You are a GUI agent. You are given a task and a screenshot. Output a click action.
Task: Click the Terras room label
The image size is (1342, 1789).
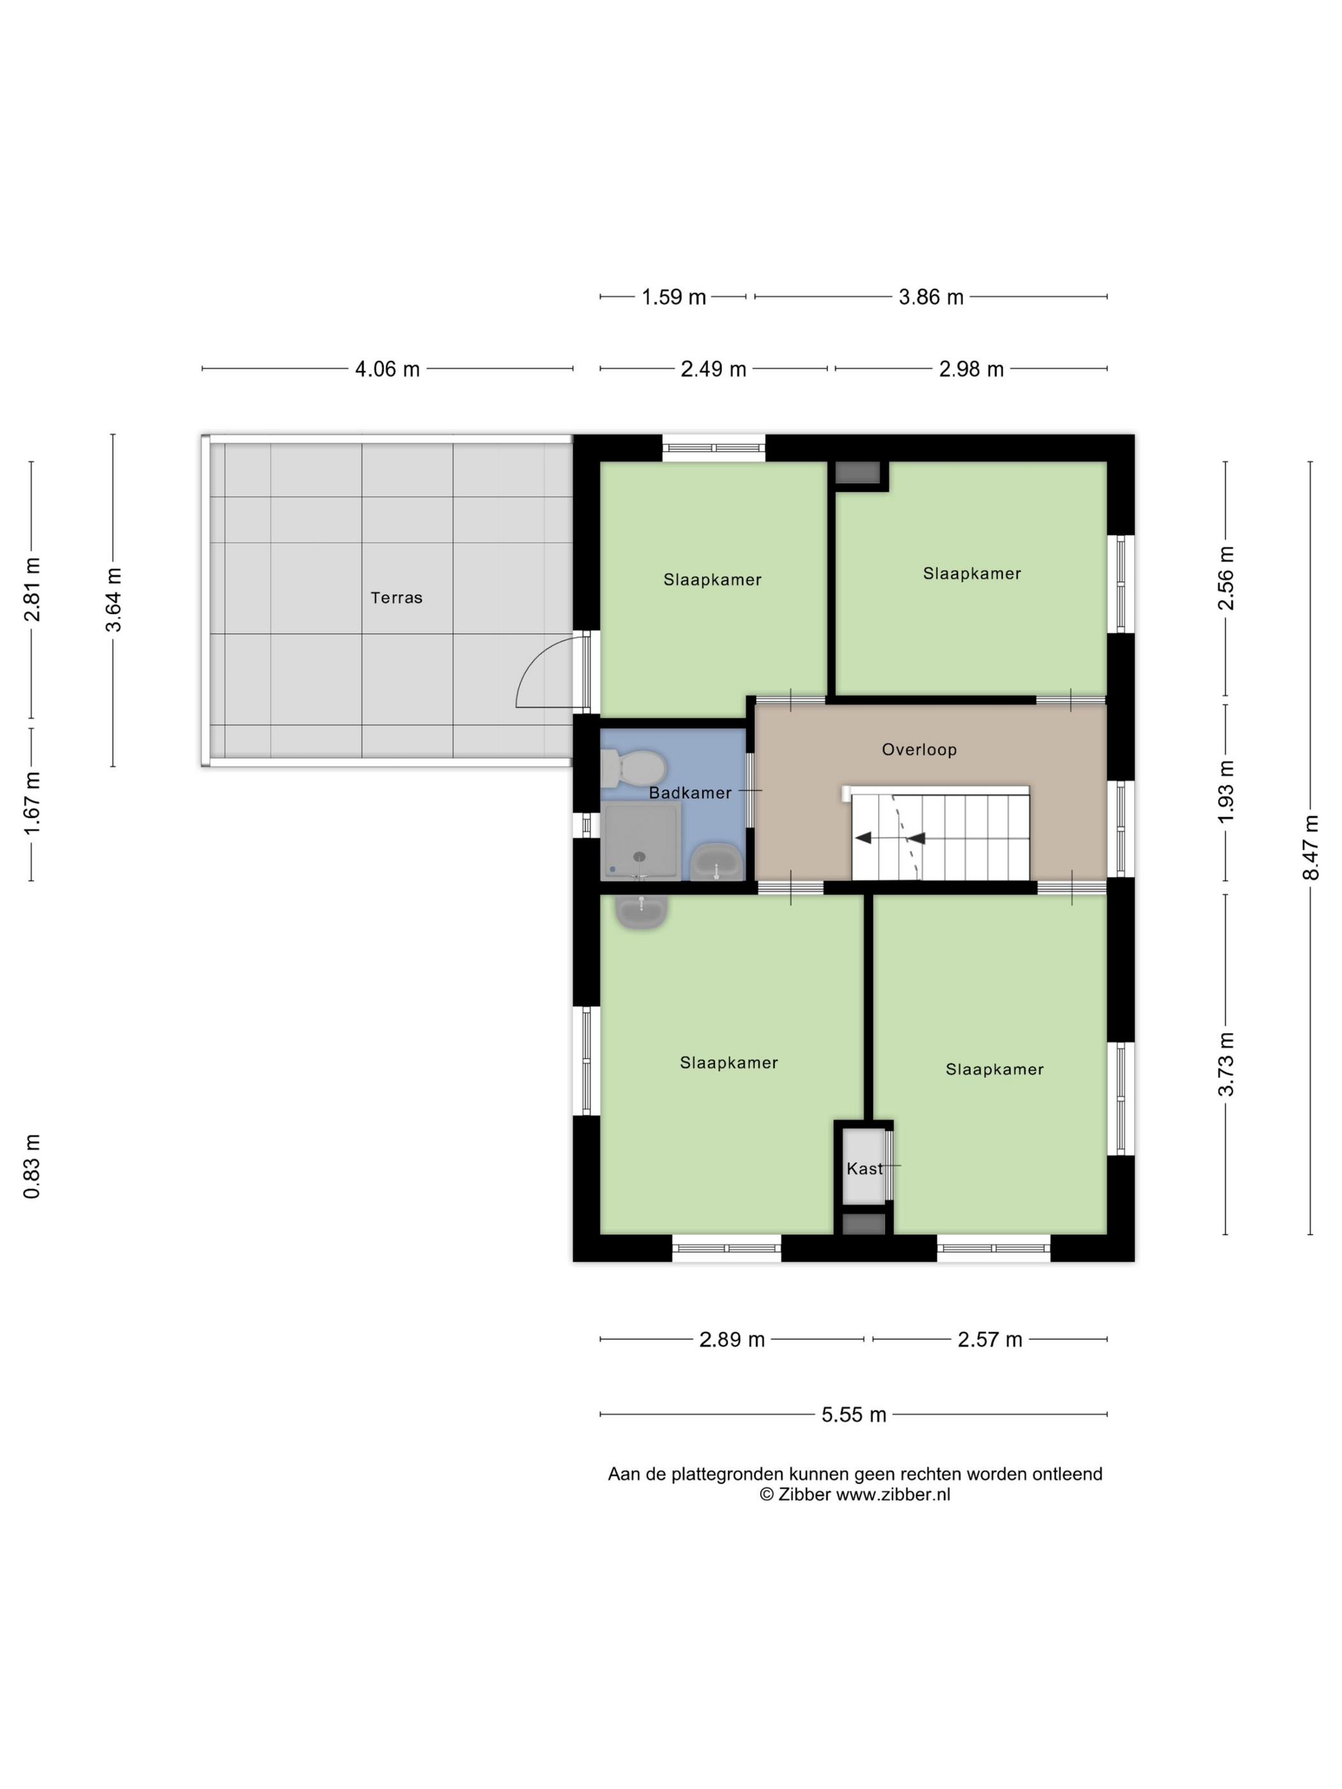click(x=396, y=597)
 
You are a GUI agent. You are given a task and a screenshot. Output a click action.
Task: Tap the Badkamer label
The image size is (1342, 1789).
click(x=690, y=793)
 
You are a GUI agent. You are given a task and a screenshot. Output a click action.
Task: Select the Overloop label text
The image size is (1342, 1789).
click(x=919, y=749)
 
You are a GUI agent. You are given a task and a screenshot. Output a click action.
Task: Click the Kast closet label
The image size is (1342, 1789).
click(x=864, y=1169)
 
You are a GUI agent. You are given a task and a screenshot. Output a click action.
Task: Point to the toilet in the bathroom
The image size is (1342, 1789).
click(x=633, y=767)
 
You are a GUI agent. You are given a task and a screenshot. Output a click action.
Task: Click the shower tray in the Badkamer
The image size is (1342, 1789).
click(x=640, y=841)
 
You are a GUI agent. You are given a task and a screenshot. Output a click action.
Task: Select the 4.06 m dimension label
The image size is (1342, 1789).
click(x=387, y=369)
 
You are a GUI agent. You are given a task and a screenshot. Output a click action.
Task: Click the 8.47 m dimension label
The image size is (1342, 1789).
click(x=1311, y=848)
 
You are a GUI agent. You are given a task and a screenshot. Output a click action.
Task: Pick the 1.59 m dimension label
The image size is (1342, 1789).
click(x=674, y=298)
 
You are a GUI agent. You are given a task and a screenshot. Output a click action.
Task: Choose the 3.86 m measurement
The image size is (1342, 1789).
click(x=931, y=298)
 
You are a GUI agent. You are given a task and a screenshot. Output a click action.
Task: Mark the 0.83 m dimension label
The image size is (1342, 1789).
click(x=31, y=1166)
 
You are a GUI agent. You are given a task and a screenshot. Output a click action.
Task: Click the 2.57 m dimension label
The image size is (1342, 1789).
click(x=990, y=1340)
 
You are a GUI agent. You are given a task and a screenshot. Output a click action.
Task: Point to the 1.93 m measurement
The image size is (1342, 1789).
click(x=1226, y=792)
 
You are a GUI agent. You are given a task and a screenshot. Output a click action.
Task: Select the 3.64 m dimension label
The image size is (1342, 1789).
click(x=113, y=599)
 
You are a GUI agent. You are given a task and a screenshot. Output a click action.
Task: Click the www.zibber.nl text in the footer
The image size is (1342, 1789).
click(x=893, y=1494)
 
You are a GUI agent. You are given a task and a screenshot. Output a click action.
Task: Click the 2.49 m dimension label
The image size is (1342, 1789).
click(x=713, y=369)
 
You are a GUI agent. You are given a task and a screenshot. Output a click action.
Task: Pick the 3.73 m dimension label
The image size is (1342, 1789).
click(x=1226, y=1064)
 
